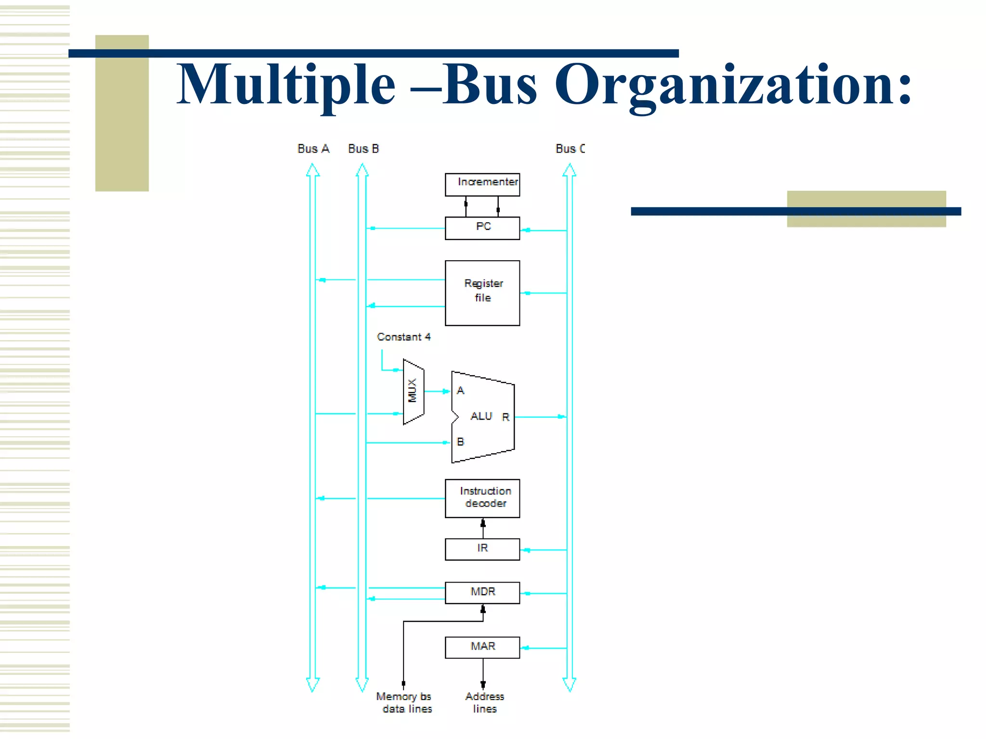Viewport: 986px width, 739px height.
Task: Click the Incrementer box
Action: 482,185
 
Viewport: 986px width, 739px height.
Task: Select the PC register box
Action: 482,228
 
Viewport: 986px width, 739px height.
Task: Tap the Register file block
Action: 482,293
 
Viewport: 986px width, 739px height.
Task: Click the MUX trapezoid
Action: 413,392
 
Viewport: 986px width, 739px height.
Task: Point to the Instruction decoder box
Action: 482,498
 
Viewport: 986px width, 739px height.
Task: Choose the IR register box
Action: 482,549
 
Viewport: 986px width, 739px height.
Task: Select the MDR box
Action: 482,592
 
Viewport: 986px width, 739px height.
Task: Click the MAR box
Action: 482,647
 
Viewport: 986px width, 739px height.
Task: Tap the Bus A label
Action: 313,149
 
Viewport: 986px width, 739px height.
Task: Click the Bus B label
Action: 363,149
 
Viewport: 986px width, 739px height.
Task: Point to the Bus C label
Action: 570,149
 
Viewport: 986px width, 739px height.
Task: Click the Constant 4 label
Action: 403,337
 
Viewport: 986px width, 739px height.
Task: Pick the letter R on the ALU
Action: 506,417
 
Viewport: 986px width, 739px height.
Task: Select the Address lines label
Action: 484,702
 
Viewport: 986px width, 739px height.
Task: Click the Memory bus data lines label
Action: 404,702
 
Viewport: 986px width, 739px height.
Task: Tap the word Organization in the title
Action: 732,86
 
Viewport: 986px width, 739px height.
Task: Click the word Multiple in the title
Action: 286,86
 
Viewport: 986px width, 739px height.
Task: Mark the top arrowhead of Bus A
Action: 313,169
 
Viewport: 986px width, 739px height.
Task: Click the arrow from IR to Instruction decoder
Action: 483,528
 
